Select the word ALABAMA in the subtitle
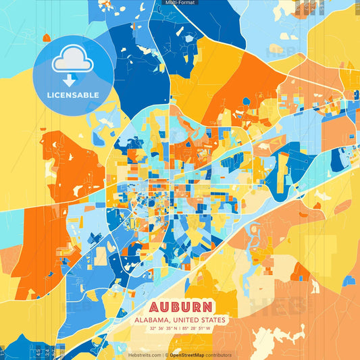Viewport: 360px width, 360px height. pyautogui.click(x=153, y=319)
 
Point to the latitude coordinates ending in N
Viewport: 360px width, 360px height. pyautogui.click(x=161, y=329)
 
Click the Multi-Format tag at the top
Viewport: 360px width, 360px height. pyautogui.click(x=179, y=3)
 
